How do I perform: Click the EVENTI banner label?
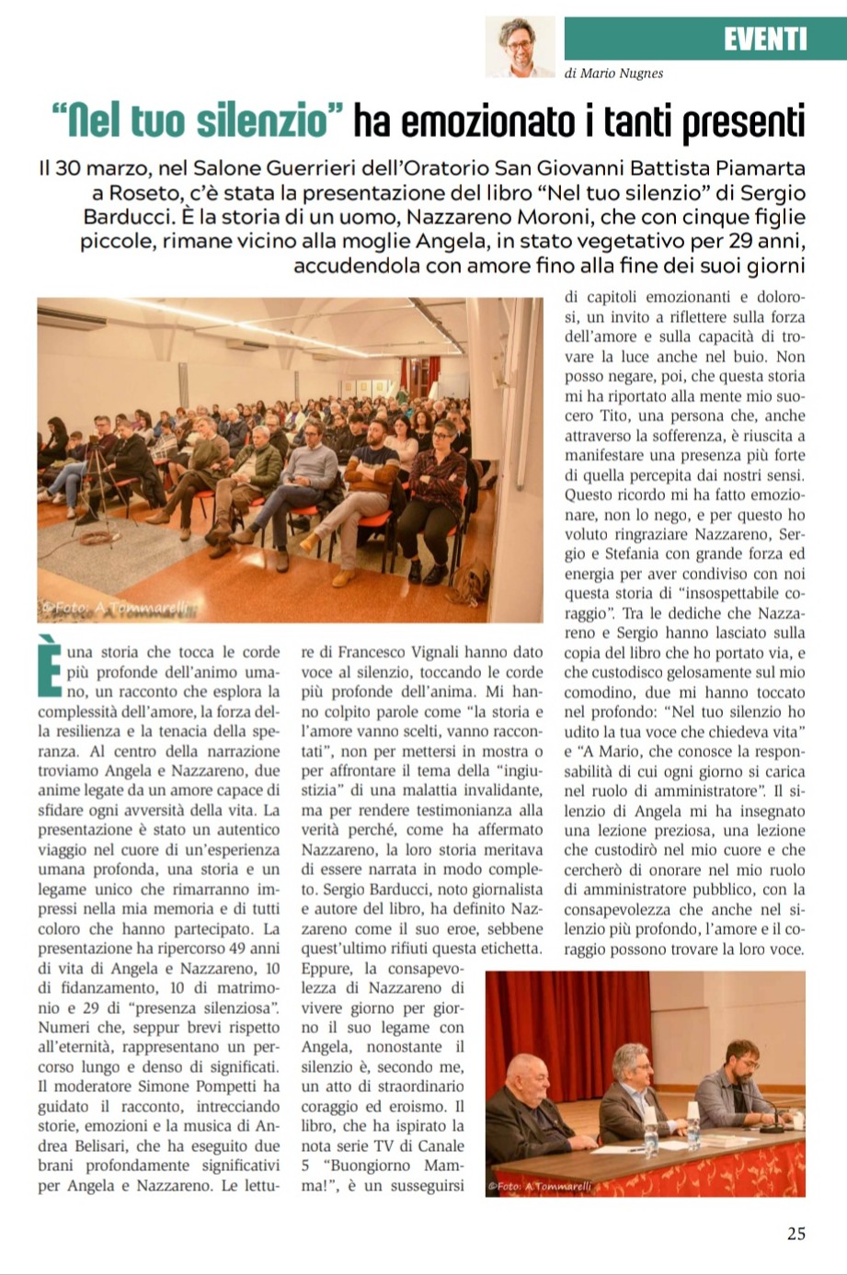[x=764, y=39]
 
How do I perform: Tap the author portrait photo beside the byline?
[x=521, y=47]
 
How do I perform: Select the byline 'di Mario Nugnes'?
[x=613, y=74]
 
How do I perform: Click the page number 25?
[x=795, y=1233]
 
